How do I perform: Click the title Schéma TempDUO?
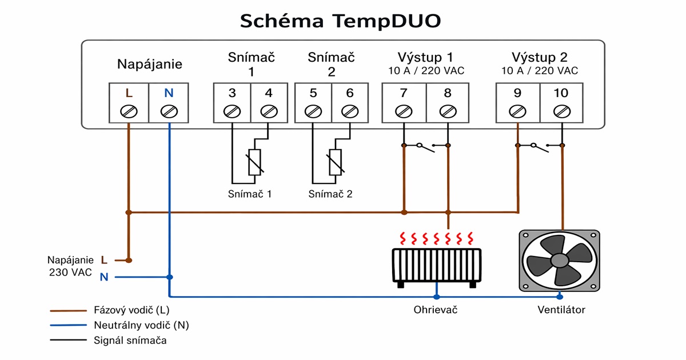point(340,21)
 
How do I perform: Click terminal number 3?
point(232,93)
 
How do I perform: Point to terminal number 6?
point(350,93)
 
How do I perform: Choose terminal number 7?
point(404,93)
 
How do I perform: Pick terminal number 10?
point(561,93)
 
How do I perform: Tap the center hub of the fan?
point(559,261)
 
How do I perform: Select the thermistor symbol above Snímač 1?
point(254,162)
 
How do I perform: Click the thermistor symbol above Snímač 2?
point(336,162)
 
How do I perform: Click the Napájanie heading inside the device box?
point(150,64)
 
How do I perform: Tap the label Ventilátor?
point(561,310)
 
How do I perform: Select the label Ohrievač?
point(436,310)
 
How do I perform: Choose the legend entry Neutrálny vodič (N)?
point(141,325)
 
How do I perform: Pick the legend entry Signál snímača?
point(130,341)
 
